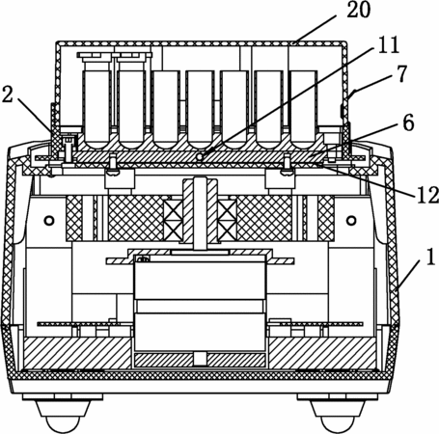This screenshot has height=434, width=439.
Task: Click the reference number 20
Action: pyautogui.click(x=358, y=10)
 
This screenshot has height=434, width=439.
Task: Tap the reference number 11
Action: pyautogui.click(x=388, y=44)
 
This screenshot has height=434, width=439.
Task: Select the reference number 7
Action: pyautogui.click(x=401, y=73)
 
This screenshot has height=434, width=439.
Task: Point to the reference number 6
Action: pyautogui.click(x=408, y=122)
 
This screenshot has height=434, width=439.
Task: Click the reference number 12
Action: pyautogui.click(x=427, y=195)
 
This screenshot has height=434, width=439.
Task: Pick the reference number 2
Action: pyautogui.click(x=8, y=95)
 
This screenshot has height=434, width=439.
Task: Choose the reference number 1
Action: pyautogui.click(x=430, y=258)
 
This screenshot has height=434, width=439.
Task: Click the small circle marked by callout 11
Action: pyautogui.click(x=200, y=157)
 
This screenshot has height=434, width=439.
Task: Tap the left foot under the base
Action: pyautogui.click(x=62, y=414)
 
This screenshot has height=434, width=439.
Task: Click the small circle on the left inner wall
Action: pyautogui.click(x=49, y=221)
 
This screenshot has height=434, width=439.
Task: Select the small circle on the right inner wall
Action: pyautogui.click(x=351, y=221)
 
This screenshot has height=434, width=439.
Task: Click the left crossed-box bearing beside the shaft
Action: pyautogui.click(x=174, y=220)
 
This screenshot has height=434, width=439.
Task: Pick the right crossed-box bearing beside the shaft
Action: pyautogui.click(x=228, y=220)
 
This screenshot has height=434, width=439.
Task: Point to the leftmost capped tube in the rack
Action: pyautogui.click(x=97, y=100)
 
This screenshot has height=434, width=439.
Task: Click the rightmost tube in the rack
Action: pyautogui.click(x=303, y=110)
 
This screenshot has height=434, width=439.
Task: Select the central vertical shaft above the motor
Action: pyautogui.click(x=200, y=213)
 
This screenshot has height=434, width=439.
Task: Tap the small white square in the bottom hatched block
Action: pyautogui.click(x=200, y=359)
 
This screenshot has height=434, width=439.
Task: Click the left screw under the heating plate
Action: pyautogui.click(x=114, y=166)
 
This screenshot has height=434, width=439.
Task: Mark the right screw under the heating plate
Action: pyautogui.click(x=288, y=165)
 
